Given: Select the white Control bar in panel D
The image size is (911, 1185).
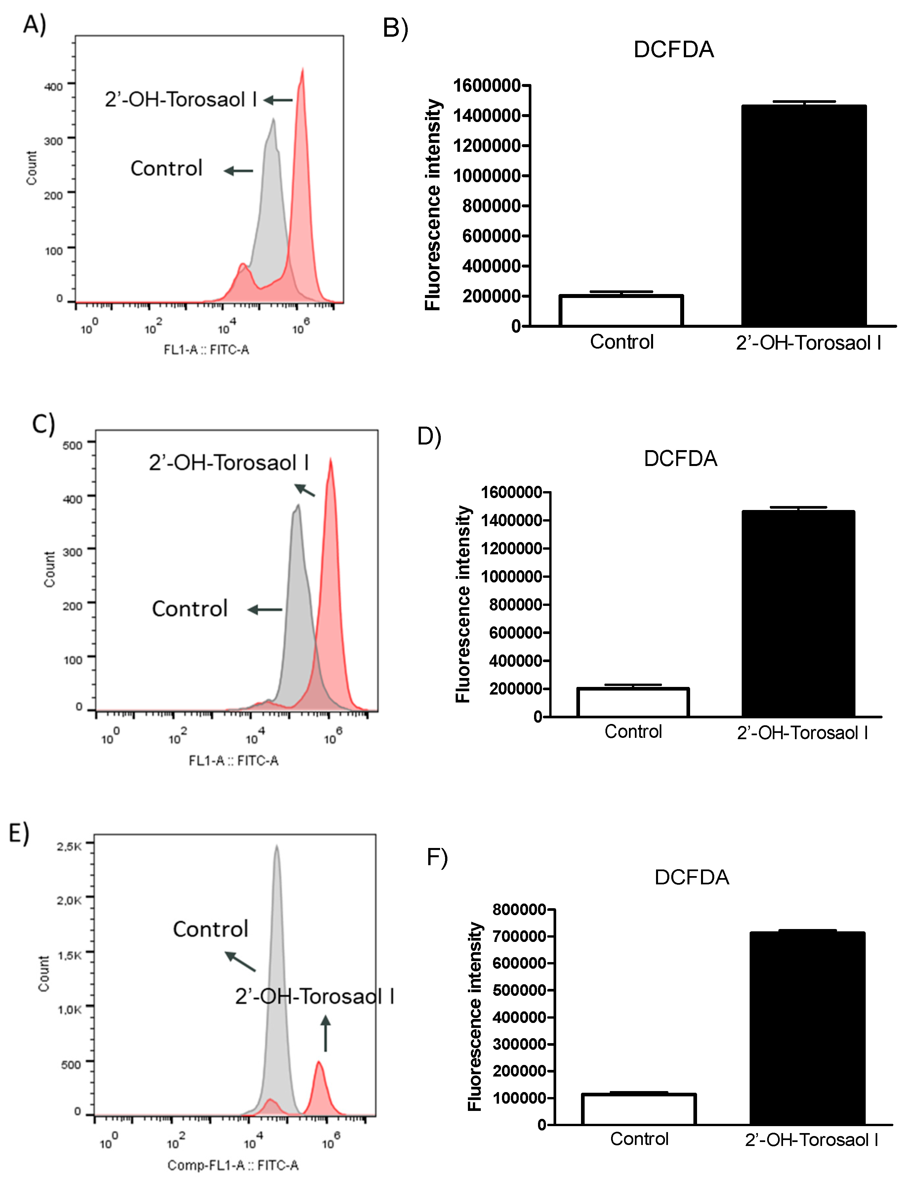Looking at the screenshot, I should tap(633, 702).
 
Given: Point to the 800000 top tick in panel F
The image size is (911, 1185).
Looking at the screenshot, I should tap(519, 910).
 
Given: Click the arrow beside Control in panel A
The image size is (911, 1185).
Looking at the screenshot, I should tap(239, 171).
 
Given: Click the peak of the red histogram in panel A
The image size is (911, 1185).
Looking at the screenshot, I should tap(302, 70).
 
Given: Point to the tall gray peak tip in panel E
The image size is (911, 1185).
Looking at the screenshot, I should tap(276, 846).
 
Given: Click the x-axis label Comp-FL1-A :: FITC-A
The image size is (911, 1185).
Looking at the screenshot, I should tap(233, 1165).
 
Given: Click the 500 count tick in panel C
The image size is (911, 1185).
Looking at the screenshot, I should tap(72, 445).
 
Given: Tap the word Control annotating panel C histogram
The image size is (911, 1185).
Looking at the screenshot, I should tap(189, 609).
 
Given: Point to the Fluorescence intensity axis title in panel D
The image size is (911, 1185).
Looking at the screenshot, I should tap(463, 604).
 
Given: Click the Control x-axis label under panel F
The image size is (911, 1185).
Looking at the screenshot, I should tap(639, 1139).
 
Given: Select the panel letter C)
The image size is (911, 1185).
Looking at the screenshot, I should tap(43, 424).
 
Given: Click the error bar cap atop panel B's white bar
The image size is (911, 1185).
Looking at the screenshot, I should tap(621, 292).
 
